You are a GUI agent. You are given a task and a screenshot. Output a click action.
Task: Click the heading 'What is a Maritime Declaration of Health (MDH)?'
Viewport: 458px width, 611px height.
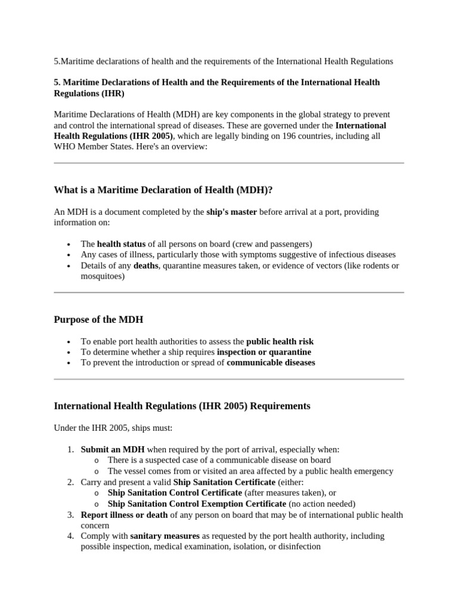[x=163, y=190]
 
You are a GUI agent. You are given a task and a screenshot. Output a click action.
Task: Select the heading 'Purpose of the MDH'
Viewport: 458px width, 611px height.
[x=98, y=319]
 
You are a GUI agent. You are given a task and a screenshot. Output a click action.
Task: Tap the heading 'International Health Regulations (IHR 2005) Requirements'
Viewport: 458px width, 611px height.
[x=182, y=406]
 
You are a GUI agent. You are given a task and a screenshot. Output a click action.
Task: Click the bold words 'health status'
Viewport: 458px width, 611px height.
[x=122, y=243]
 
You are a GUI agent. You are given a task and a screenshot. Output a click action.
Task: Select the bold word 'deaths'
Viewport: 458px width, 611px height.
[x=146, y=266]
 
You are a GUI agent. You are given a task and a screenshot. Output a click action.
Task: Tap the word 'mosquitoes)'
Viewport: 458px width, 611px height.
[x=103, y=276]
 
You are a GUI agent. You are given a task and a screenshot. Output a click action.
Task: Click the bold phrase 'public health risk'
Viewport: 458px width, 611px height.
[x=280, y=341]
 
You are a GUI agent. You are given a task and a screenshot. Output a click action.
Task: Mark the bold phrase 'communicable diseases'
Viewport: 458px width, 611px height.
[x=271, y=363]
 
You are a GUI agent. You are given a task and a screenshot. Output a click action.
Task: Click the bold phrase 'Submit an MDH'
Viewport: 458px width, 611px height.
[x=113, y=449]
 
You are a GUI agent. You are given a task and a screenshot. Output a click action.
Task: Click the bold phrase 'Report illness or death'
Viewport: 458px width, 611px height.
[x=125, y=514]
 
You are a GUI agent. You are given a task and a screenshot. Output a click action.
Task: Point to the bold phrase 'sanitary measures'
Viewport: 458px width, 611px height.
[x=165, y=536]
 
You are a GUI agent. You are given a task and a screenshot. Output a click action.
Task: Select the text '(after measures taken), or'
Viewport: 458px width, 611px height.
[x=290, y=493]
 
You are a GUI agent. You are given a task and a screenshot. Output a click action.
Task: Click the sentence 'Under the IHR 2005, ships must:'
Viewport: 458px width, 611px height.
[x=113, y=428]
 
